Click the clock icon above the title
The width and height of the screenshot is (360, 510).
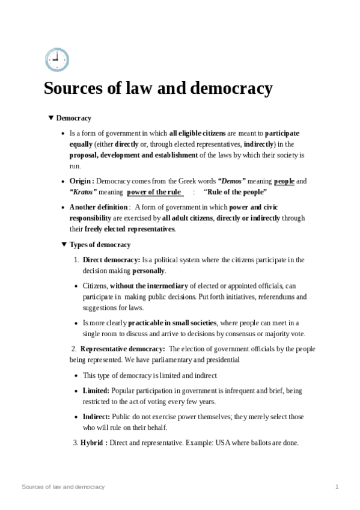pyautogui.click(x=56, y=60)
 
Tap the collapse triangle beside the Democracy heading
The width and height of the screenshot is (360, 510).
pyautogui.click(x=50, y=118)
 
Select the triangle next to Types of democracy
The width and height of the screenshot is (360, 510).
pyautogui.click(x=64, y=245)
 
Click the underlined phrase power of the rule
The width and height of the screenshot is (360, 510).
pyautogui.click(x=154, y=192)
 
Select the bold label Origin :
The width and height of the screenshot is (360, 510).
pyautogui.click(x=82, y=180)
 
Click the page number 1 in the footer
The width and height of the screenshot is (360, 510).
pyautogui.click(x=337, y=486)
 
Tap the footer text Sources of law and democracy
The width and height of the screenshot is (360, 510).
pyautogui.click(x=63, y=486)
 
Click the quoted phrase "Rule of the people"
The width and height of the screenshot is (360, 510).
pyautogui.click(x=236, y=192)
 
